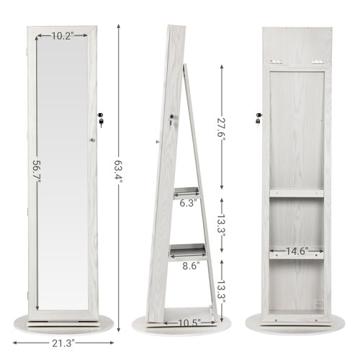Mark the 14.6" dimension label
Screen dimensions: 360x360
[295, 252]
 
